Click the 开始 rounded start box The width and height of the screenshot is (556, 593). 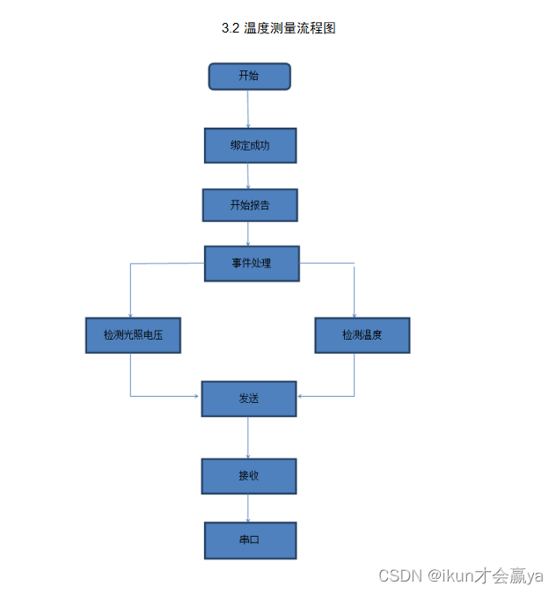[249, 77]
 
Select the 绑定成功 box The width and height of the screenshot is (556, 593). [250, 146]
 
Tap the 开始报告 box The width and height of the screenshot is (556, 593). [250, 205]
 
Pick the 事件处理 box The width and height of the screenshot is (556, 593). [252, 263]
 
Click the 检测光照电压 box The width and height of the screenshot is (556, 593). [133, 335]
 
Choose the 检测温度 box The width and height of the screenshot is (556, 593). [362, 335]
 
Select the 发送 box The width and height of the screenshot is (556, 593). [249, 399]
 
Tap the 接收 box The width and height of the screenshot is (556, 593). [249, 476]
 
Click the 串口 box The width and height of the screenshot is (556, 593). [250, 540]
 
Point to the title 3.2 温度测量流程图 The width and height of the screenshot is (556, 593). [278, 28]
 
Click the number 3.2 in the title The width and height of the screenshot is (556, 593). [230, 28]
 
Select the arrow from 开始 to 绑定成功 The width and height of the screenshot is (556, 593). [248, 109]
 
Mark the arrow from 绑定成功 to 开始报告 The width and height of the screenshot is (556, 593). [248, 176]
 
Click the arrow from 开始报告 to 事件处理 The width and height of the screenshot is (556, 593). [248, 233]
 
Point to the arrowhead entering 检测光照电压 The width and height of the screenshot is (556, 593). [130, 314]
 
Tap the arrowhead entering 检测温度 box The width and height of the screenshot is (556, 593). [355, 314]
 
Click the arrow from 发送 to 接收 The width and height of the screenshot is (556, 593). [248, 437]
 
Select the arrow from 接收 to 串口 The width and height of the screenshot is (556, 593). [248, 509]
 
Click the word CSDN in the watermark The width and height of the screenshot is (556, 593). [400, 575]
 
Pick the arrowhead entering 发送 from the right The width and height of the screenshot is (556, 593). [301, 396]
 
